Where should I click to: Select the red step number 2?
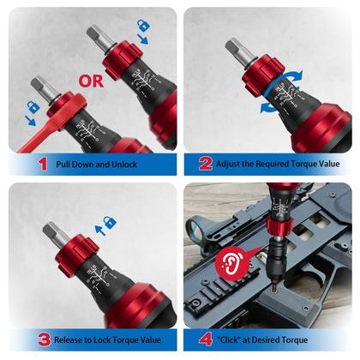(x=206, y=164)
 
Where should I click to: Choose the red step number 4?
(x=207, y=340)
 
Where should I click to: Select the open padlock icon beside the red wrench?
(x=33, y=107)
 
